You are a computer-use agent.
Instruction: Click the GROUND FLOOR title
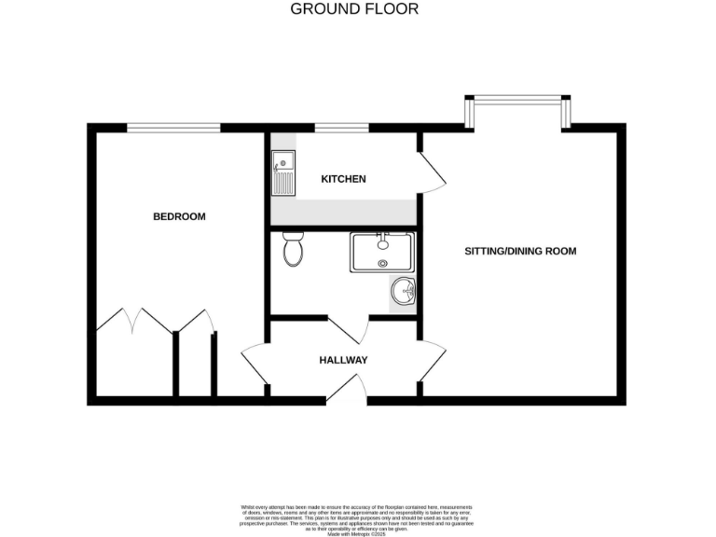click(x=354, y=9)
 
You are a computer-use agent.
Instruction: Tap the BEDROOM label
click(x=179, y=216)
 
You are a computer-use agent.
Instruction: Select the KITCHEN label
click(x=343, y=179)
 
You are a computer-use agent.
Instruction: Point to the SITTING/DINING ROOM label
click(x=521, y=251)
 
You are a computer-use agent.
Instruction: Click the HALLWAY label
click(x=343, y=360)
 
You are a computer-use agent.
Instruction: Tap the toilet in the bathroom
click(x=293, y=249)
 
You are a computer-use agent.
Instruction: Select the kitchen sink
click(x=282, y=174)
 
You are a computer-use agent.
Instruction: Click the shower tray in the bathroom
click(x=382, y=253)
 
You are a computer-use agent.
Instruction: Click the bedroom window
click(x=173, y=127)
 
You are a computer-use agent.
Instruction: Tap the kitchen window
click(x=340, y=127)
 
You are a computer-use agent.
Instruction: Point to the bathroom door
click(x=348, y=328)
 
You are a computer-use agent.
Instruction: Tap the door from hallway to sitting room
click(x=432, y=361)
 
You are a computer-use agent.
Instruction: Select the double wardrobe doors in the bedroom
click(x=136, y=323)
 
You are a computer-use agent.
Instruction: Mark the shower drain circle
click(x=382, y=264)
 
